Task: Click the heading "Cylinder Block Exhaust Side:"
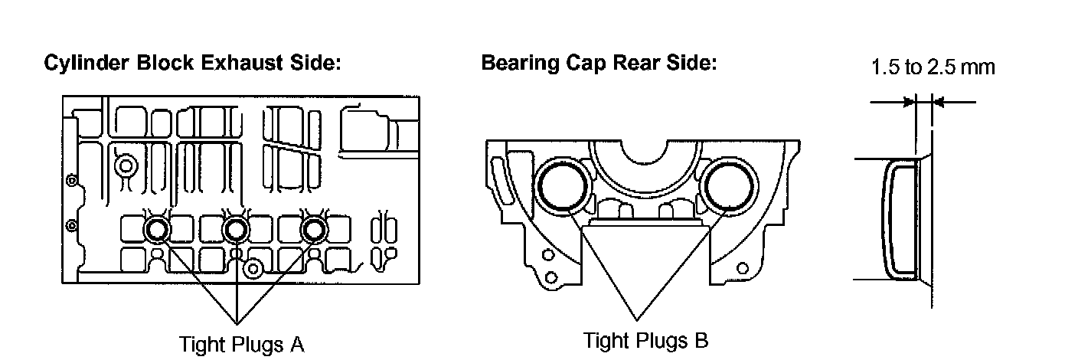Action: pyautogui.click(x=192, y=64)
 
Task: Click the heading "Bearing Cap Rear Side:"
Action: pyautogui.click(x=599, y=64)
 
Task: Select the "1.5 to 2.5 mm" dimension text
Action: pyautogui.click(x=933, y=67)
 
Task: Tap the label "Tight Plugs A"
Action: pyautogui.click(x=241, y=344)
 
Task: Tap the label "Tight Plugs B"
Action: pyautogui.click(x=645, y=339)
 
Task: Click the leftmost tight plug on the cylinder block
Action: pyautogui.click(x=157, y=229)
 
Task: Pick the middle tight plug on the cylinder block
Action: pyautogui.click(x=236, y=229)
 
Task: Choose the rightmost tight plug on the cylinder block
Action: pyautogui.click(x=314, y=229)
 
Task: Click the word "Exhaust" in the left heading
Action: pyautogui.click(x=234, y=64)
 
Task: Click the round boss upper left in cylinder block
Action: pyautogui.click(x=124, y=164)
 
